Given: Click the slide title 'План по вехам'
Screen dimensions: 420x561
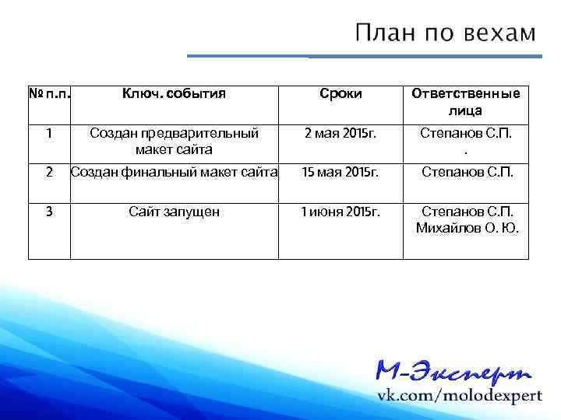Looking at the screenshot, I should point(446,33).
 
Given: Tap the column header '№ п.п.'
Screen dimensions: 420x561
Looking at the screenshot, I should point(49,94).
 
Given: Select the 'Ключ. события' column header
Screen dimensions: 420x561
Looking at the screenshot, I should point(174,94).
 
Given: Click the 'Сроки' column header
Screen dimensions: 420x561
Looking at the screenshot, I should point(340,94).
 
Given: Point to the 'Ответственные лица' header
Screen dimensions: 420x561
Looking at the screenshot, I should point(466,102).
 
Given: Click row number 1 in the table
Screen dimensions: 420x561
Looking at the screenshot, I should point(49,133).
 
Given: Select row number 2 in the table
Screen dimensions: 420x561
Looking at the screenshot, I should point(49,171).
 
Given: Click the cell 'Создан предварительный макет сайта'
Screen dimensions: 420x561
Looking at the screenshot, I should point(174,141).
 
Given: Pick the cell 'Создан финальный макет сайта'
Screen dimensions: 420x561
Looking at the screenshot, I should point(174,171).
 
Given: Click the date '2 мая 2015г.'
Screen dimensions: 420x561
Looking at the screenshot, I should point(340,133).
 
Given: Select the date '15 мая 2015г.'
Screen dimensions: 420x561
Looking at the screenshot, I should point(340,171).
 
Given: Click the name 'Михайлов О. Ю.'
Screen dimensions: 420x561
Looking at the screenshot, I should point(466,227).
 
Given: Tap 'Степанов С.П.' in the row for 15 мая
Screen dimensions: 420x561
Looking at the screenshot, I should point(466,171).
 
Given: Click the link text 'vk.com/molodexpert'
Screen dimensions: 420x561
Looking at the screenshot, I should point(460,395).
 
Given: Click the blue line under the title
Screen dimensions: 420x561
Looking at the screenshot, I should point(365,56).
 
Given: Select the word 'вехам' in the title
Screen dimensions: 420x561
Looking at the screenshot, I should point(499,33).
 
